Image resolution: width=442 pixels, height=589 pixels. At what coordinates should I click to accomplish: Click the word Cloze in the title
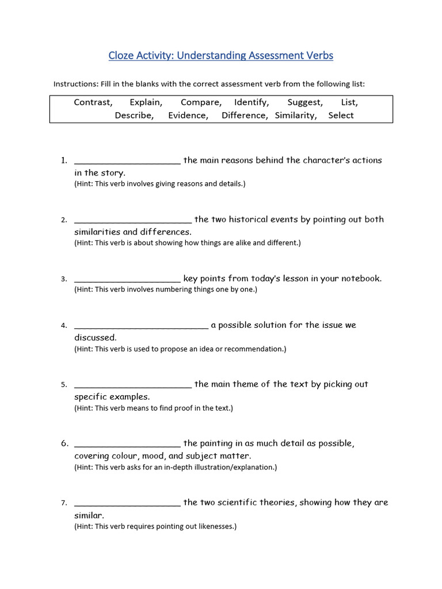(x=122, y=56)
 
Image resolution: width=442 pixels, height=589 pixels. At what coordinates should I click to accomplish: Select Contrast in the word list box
(x=93, y=102)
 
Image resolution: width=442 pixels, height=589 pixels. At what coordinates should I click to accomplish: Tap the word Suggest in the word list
(x=304, y=102)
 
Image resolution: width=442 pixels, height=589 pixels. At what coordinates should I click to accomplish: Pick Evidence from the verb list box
(x=188, y=115)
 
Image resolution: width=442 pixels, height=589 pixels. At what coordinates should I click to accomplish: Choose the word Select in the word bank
(x=341, y=115)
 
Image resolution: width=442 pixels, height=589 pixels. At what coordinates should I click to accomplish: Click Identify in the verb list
(x=252, y=102)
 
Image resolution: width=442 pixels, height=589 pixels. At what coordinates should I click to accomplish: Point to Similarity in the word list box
(x=296, y=115)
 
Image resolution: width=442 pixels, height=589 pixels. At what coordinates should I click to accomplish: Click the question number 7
(x=64, y=503)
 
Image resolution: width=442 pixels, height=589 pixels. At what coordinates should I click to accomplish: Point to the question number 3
(x=64, y=279)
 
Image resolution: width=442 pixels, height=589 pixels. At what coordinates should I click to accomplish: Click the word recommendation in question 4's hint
(x=254, y=349)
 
